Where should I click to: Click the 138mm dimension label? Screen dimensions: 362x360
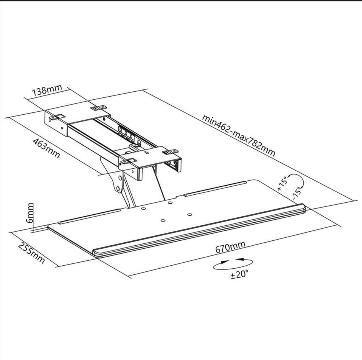[47, 90]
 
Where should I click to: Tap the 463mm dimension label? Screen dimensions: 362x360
[46, 148]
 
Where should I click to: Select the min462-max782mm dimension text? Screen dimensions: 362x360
[239, 135]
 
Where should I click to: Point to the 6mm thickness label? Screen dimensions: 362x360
[30, 213]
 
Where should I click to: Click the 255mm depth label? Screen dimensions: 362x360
[31, 252]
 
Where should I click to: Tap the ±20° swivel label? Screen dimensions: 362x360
[240, 274]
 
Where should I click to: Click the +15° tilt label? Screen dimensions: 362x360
[282, 183]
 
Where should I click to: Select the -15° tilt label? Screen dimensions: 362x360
[297, 193]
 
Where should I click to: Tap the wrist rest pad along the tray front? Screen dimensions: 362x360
[199, 230]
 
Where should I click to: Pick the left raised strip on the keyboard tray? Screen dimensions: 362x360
[90, 217]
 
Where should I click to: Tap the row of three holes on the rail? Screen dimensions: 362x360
[126, 133]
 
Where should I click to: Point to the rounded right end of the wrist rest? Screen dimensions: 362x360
[302, 209]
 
